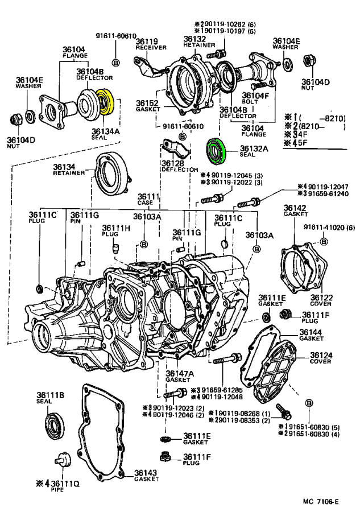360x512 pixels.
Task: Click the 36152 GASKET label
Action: [x=146, y=106]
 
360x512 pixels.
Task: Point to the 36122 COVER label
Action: [x=321, y=300]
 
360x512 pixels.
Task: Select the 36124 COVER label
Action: [x=321, y=358]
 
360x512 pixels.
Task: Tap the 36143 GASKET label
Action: [x=146, y=476]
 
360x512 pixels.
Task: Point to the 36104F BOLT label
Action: [x=255, y=99]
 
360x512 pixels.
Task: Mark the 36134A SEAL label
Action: [x=106, y=134]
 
